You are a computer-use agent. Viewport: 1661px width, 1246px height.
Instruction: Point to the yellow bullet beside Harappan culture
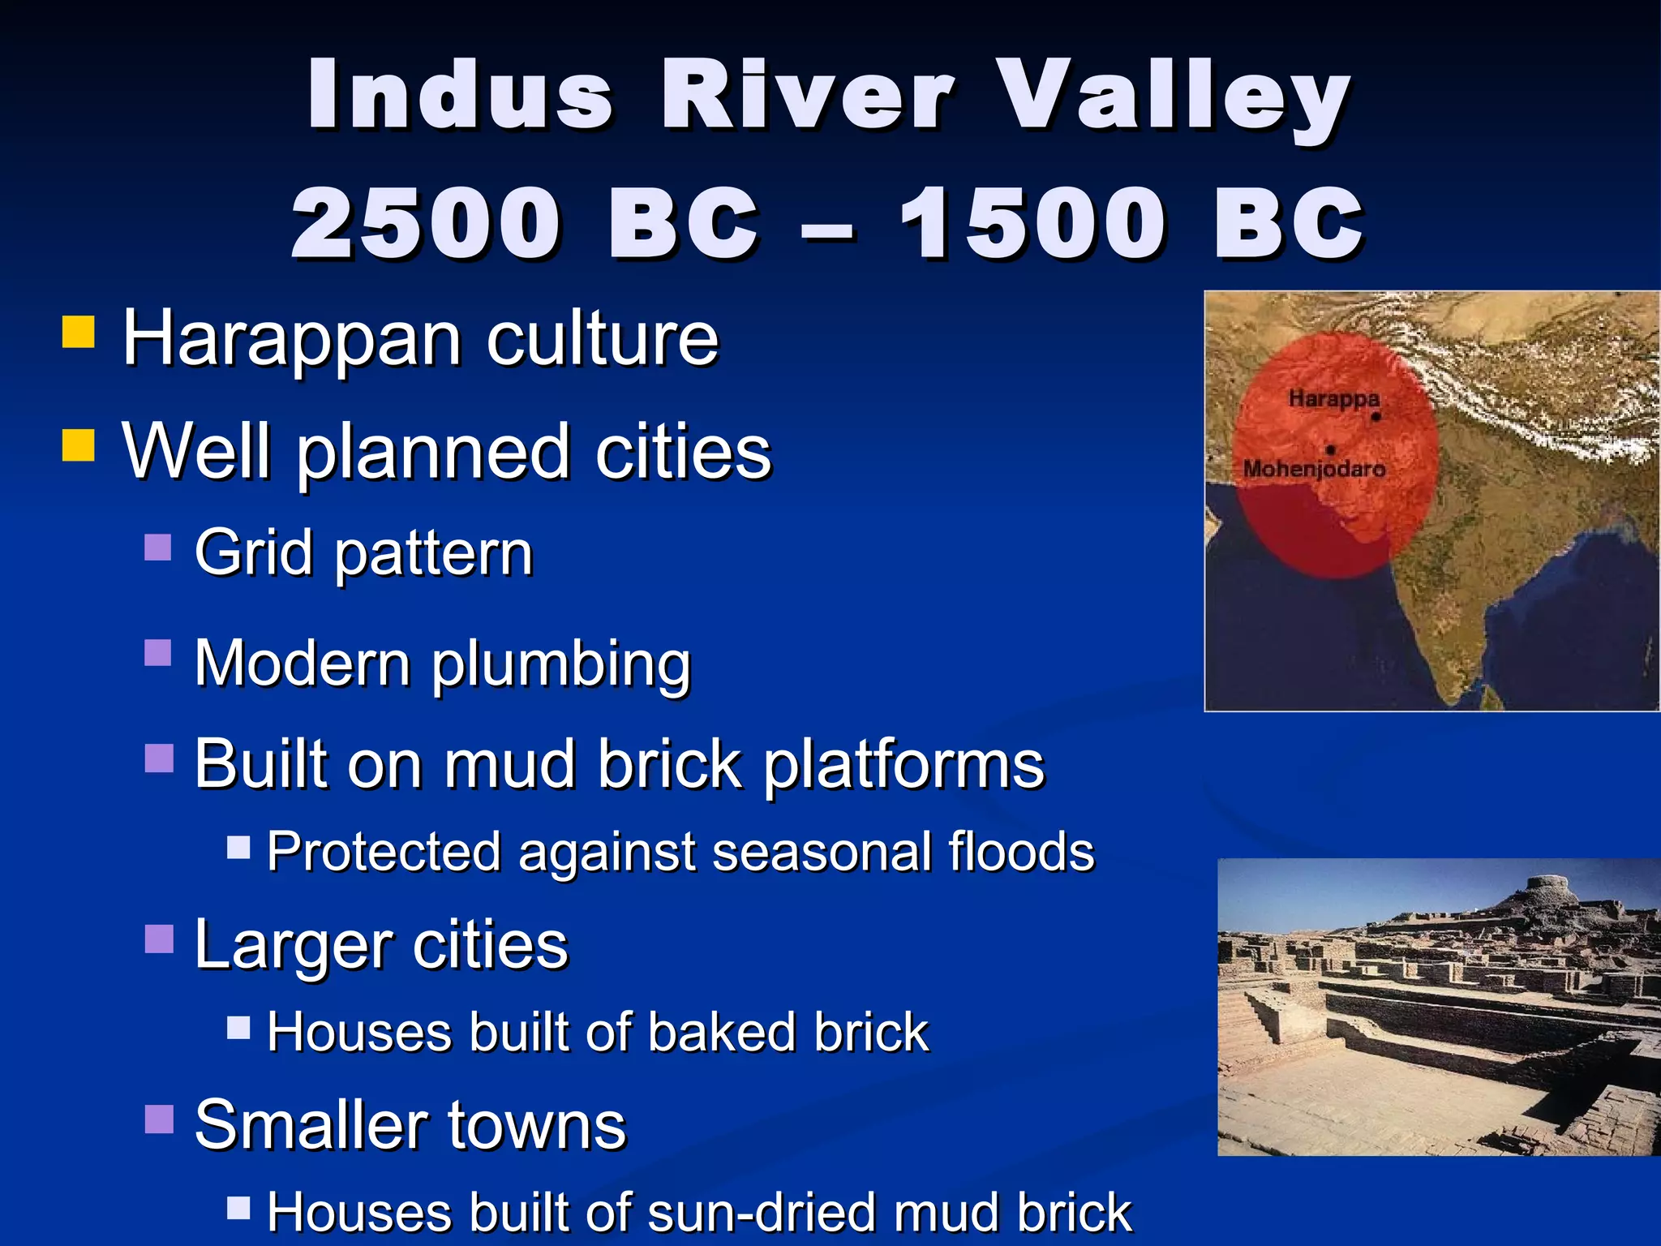(x=79, y=332)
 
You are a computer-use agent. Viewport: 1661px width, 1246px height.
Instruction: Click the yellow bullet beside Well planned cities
(x=79, y=445)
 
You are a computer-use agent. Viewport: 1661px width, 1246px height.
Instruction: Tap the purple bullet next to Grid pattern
(x=158, y=548)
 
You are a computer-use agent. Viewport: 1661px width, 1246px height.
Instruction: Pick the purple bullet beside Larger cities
(x=159, y=939)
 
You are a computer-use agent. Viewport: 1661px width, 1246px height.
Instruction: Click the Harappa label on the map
(x=1333, y=398)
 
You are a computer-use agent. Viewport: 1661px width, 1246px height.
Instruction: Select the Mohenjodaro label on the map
(x=1314, y=469)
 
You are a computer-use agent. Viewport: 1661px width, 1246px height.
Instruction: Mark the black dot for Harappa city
(x=1376, y=417)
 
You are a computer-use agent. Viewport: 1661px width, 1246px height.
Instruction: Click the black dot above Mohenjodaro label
(x=1331, y=449)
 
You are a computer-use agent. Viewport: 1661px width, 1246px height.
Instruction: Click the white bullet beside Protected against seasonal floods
(x=238, y=848)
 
